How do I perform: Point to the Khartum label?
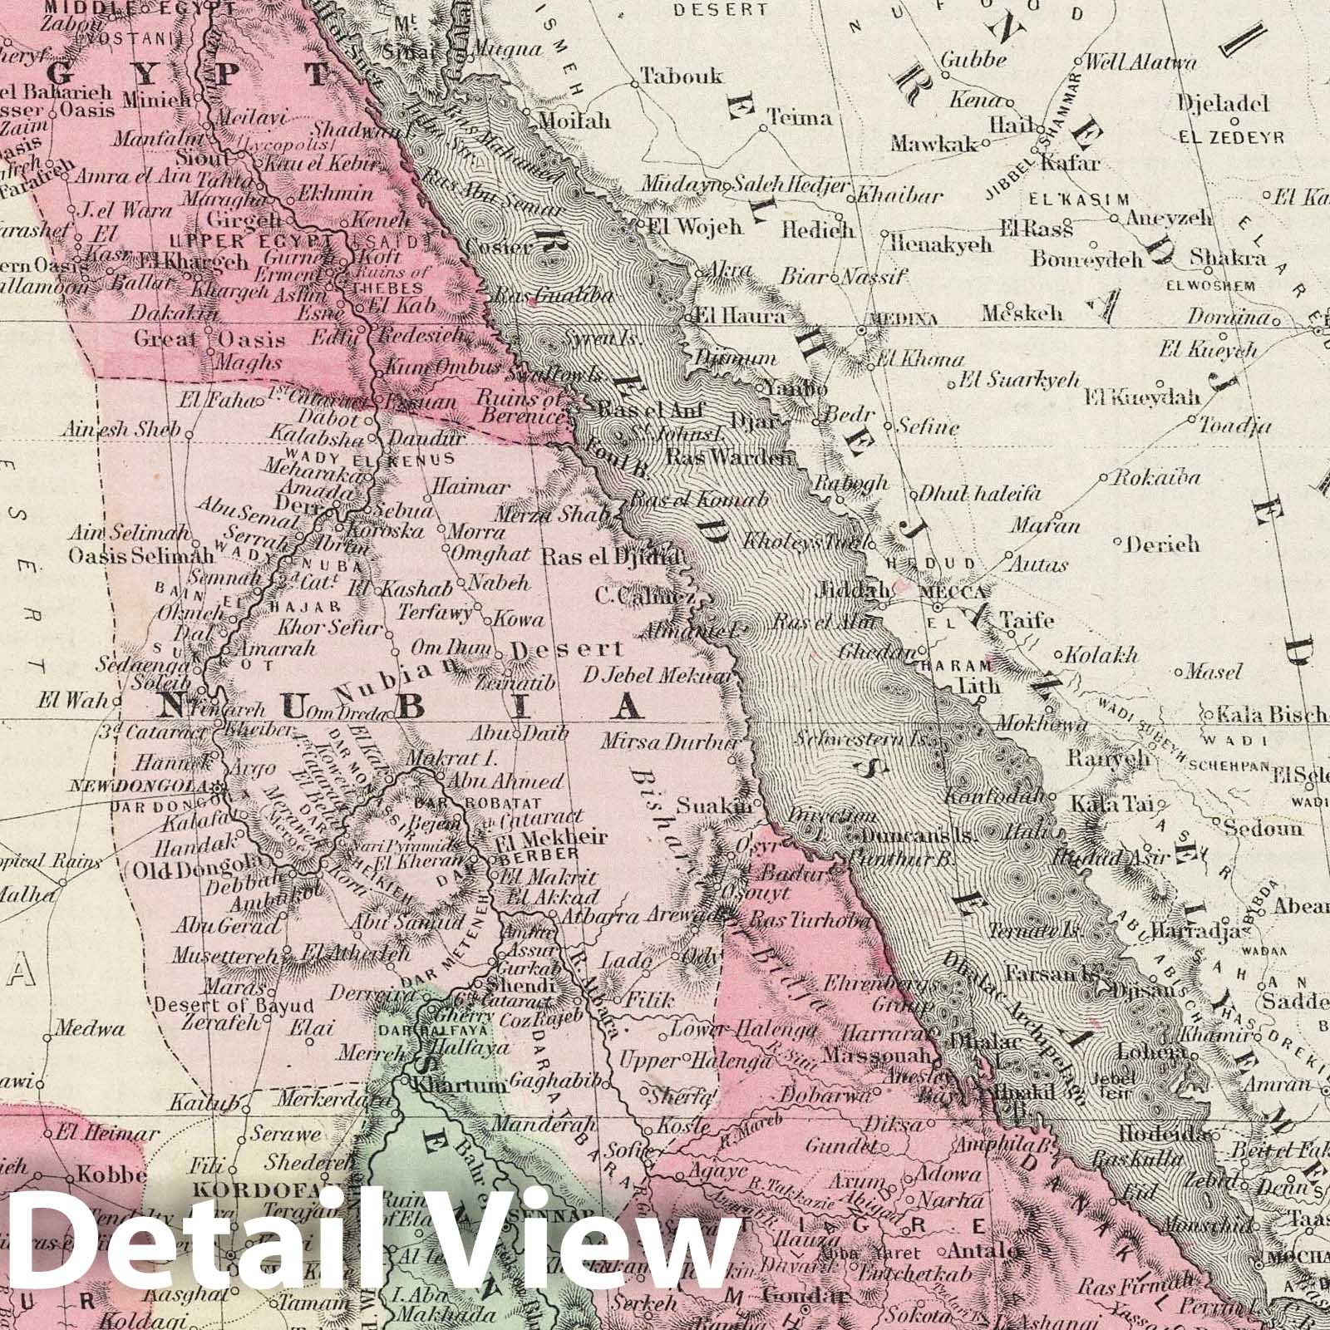(x=449, y=1086)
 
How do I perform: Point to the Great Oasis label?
(x=209, y=339)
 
